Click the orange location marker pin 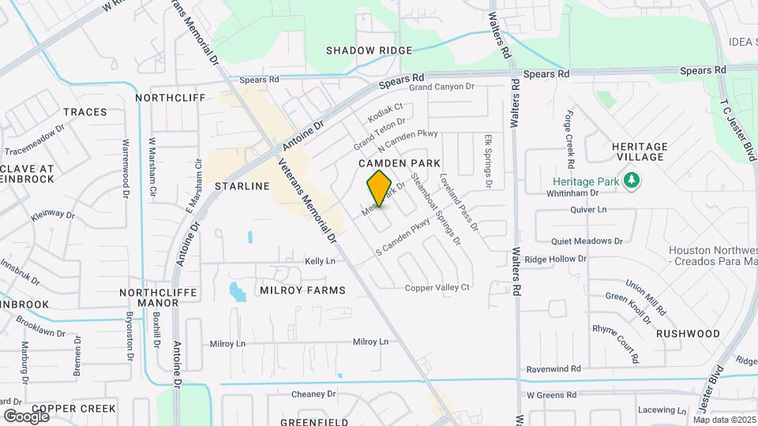pos(379,188)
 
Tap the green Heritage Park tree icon pos(631,181)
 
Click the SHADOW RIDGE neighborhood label pos(370,50)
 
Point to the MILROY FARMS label pos(302,290)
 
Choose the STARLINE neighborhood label pos(242,186)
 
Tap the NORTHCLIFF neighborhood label pos(170,98)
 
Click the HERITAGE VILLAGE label pos(640,152)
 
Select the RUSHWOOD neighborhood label pos(688,334)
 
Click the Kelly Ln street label pos(321,261)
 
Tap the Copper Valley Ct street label pos(437,288)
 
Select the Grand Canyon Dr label pos(441,87)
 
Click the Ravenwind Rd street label pos(553,368)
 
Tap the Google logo pos(25,416)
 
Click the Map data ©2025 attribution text pos(724,419)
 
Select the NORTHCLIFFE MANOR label pos(154,297)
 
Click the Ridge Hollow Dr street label pos(556,259)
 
